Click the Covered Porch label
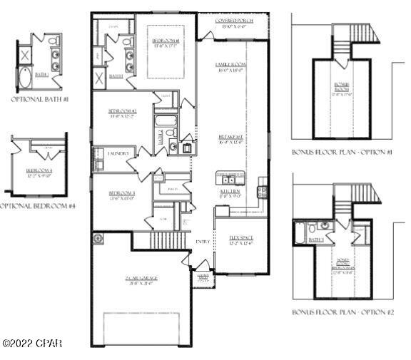[232, 21]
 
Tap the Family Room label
[231, 67]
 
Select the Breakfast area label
[231, 138]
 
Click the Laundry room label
[118, 153]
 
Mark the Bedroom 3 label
[122, 195]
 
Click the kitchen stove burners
[262, 191]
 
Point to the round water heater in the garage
[98, 239]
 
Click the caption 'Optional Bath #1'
[39, 99]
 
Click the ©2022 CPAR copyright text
[32, 344]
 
